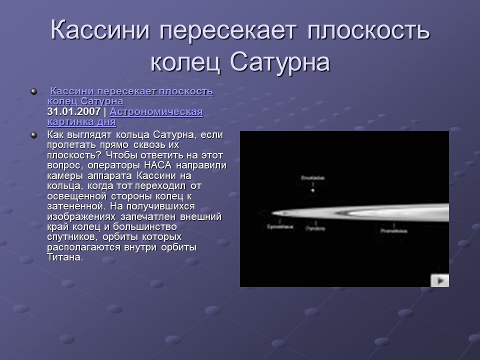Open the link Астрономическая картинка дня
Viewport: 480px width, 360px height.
pyautogui.click(x=125, y=116)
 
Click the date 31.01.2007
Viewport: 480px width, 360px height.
pyautogui.click(x=74, y=111)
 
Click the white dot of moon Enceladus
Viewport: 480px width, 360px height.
pyautogui.click(x=313, y=190)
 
